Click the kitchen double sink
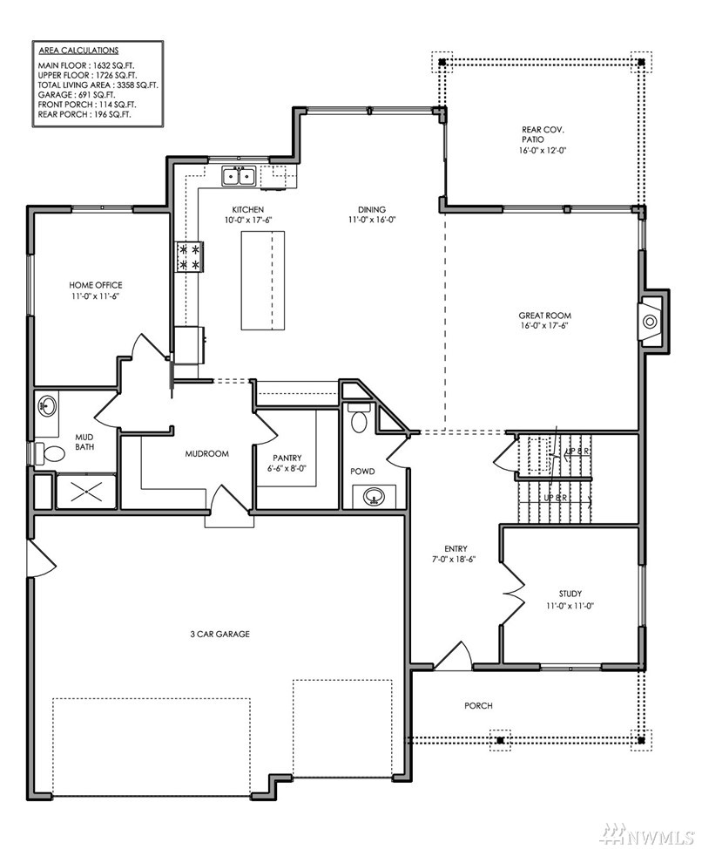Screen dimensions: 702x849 click(239, 177)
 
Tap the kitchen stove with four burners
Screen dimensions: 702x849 click(189, 256)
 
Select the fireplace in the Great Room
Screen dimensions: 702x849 click(650, 322)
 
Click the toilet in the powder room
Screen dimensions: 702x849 click(359, 418)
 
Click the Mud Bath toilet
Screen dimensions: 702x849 click(49, 453)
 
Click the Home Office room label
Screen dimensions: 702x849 click(96, 285)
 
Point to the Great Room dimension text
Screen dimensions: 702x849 click(544, 325)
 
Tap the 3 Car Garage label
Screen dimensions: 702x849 click(220, 634)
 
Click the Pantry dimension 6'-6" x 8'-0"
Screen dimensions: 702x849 click(287, 468)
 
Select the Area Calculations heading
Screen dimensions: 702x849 click(78, 51)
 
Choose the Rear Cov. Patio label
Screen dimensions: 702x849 click(543, 134)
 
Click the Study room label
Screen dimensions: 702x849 click(570, 594)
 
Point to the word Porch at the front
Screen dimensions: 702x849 click(479, 705)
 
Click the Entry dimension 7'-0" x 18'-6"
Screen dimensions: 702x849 click(454, 560)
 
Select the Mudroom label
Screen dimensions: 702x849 click(207, 454)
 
